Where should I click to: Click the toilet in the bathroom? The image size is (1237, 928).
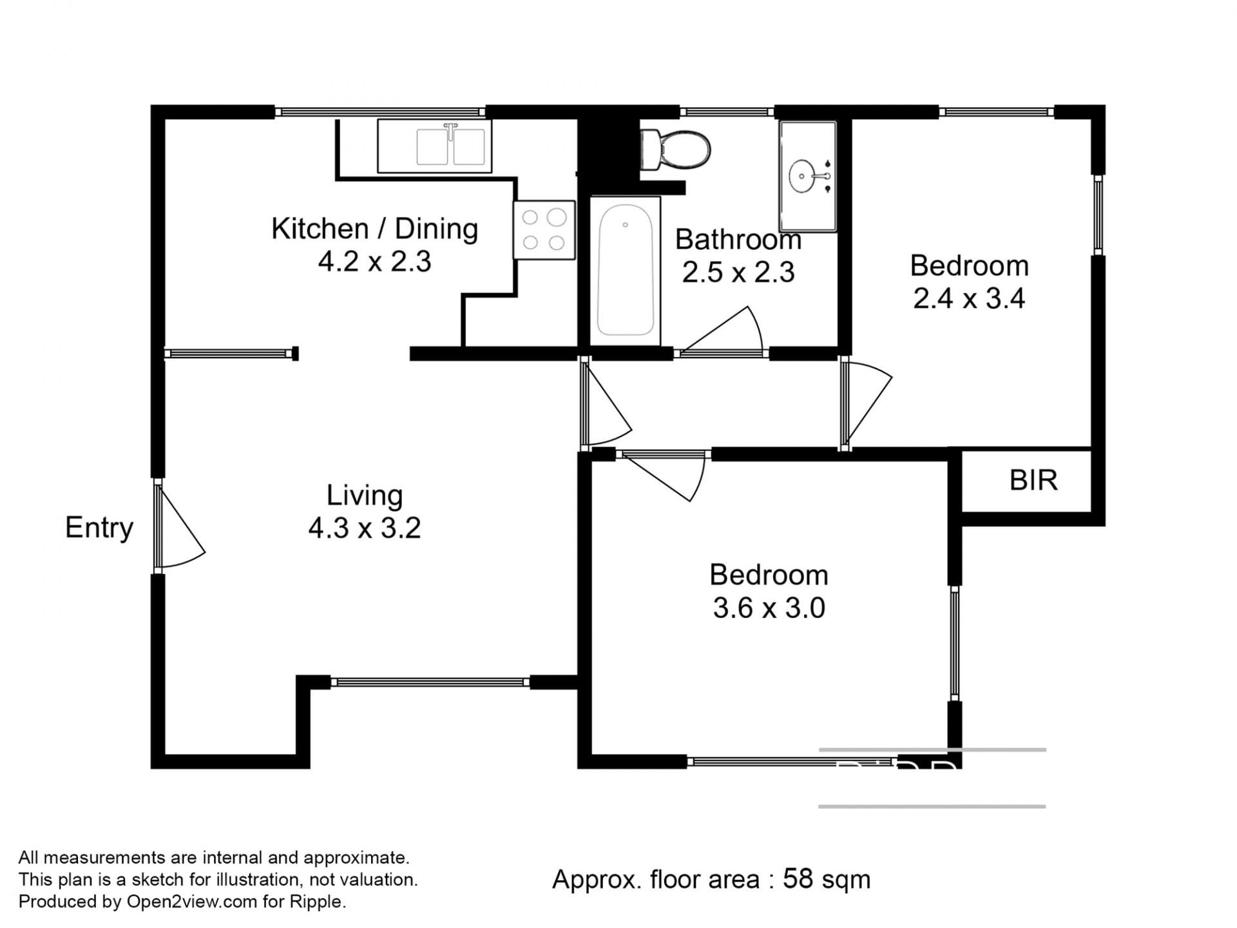click(675, 150)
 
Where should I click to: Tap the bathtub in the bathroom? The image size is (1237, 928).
click(625, 271)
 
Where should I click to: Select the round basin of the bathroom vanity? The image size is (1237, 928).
click(803, 175)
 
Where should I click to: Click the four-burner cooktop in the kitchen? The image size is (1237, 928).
click(544, 230)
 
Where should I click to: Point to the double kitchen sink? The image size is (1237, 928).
click(434, 146)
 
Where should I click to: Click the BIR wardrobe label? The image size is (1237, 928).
click(1033, 481)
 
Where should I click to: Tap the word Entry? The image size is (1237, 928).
click(99, 528)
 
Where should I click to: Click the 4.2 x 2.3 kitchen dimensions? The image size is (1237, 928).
click(374, 262)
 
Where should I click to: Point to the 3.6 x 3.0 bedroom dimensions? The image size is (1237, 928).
click(769, 608)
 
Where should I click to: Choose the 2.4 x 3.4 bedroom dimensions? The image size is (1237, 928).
click(969, 299)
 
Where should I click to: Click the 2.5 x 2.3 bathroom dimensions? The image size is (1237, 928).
click(738, 273)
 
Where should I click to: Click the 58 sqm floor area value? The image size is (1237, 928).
click(827, 879)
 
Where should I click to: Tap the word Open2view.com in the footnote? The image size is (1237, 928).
click(192, 902)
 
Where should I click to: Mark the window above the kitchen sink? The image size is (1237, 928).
click(381, 112)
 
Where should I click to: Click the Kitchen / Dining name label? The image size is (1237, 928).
click(374, 229)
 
